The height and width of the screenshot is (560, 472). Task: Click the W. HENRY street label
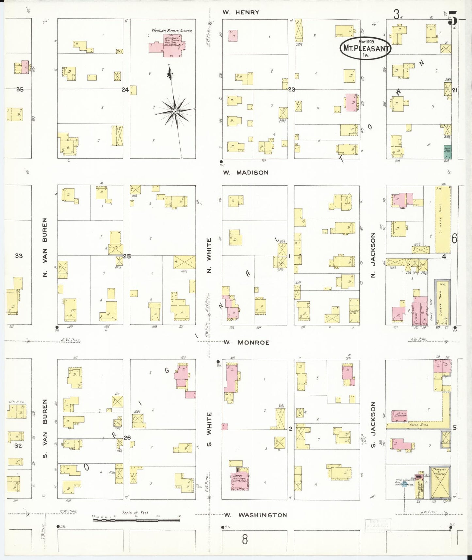[x=241, y=12]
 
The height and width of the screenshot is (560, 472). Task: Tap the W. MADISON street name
[x=246, y=173]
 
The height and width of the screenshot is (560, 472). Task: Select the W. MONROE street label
[x=247, y=342]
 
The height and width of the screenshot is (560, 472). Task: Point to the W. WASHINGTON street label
[x=256, y=515]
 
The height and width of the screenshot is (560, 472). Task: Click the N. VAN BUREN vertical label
[x=45, y=248]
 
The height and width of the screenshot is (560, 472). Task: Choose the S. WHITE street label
[x=209, y=429]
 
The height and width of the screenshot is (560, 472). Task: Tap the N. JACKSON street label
[x=373, y=255]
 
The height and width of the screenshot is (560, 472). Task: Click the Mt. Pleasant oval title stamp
[x=365, y=48]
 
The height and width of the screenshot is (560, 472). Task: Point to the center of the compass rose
[x=175, y=111]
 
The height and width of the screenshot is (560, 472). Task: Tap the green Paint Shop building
[x=447, y=152]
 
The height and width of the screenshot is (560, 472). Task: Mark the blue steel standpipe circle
[x=404, y=483]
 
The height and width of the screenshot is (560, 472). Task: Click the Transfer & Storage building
[x=440, y=482]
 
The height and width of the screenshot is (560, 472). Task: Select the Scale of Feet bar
[x=136, y=519]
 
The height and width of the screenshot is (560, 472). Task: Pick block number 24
[x=125, y=90]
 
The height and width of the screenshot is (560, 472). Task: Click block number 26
[x=127, y=437]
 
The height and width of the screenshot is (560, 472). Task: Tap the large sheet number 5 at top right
[x=452, y=18]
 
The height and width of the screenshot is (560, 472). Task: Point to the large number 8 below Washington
[x=245, y=539]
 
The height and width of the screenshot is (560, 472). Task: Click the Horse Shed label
[x=418, y=425]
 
